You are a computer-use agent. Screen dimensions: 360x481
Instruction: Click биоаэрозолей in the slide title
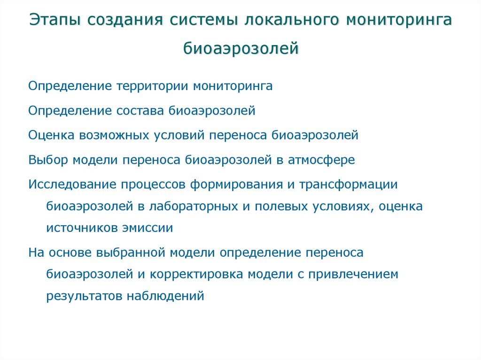click(240, 48)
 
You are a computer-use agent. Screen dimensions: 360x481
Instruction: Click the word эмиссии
click(149, 229)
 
